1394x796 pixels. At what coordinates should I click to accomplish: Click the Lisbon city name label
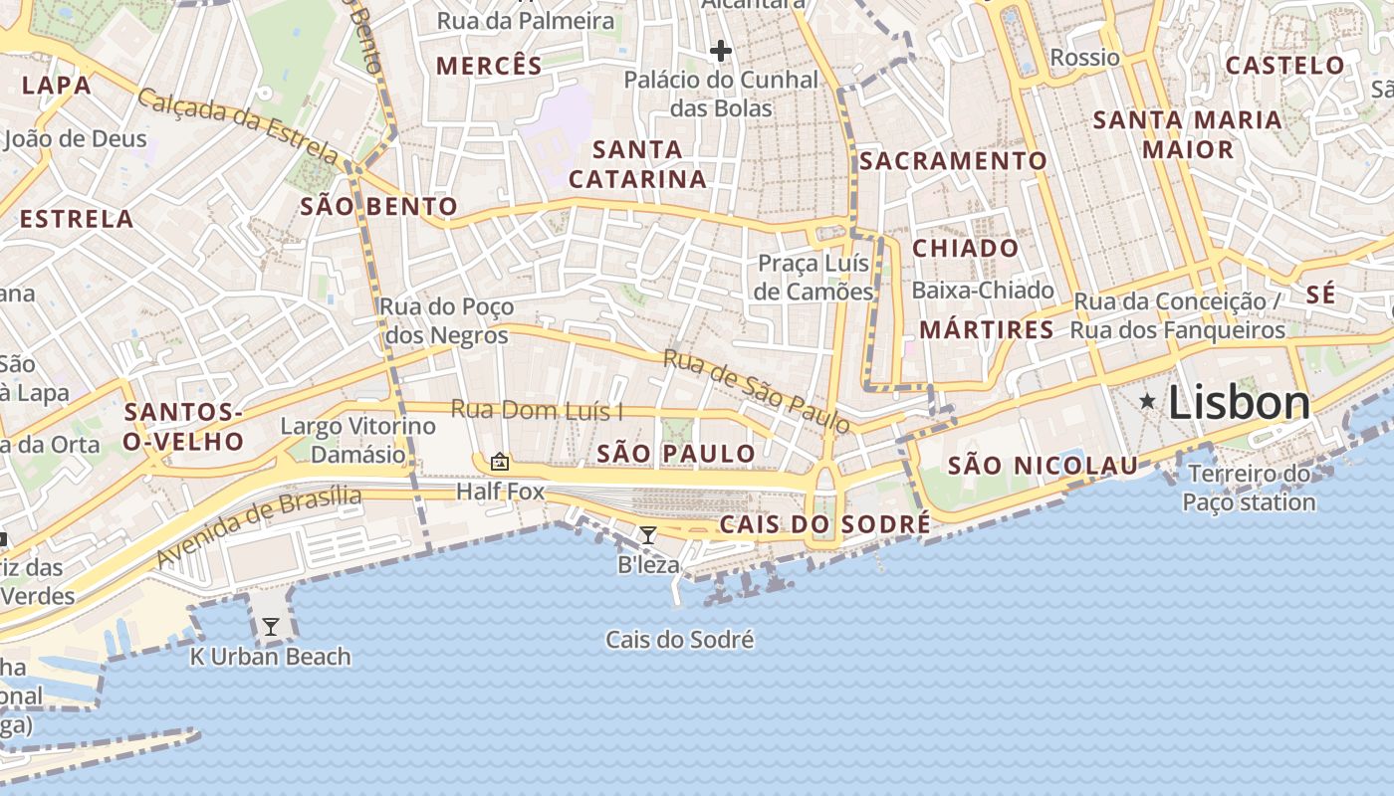point(1239,403)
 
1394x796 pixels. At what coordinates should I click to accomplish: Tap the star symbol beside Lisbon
point(1148,401)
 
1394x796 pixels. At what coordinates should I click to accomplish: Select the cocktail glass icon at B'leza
point(648,535)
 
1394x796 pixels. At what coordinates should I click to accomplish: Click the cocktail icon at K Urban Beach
point(270,627)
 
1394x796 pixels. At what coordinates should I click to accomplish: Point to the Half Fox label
point(501,492)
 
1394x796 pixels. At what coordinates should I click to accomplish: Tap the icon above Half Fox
point(499,462)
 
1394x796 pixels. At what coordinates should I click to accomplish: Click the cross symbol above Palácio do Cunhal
point(721,50)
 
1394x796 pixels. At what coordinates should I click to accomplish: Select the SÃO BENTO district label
point(379,207)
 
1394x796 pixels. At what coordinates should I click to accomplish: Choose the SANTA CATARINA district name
point(637,165)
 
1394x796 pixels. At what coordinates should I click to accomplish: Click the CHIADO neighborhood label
point(966,249)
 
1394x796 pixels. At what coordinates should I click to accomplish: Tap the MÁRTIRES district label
point(986,329)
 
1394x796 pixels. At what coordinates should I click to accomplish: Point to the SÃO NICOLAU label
point(1043,465)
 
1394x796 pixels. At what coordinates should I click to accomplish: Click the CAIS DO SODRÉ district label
point(824,524)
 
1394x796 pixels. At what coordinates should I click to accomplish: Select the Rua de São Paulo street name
point(758,391)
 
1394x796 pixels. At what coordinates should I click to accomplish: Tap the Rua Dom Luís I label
point(537,410)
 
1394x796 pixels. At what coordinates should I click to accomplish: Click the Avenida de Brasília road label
point(259,526)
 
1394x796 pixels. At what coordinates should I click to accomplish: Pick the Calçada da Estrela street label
point(238,126)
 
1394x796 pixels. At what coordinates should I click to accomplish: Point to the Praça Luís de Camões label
point(814,278)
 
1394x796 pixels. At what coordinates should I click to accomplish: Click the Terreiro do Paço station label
point(1249,488)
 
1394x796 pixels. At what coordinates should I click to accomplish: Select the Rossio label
point(1084,58)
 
